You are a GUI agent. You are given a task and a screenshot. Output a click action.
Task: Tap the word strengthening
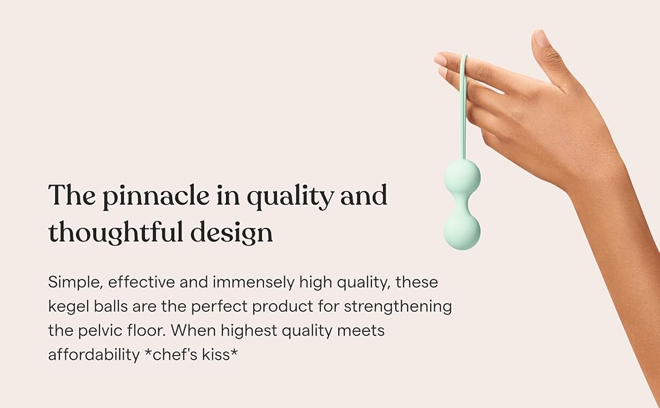point(397,306)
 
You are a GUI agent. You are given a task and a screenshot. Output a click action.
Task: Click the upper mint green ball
point(462,176)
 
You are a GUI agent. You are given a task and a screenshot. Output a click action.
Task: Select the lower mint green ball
point(462,231)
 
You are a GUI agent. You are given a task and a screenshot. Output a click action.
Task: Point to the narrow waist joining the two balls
point(462,203)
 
